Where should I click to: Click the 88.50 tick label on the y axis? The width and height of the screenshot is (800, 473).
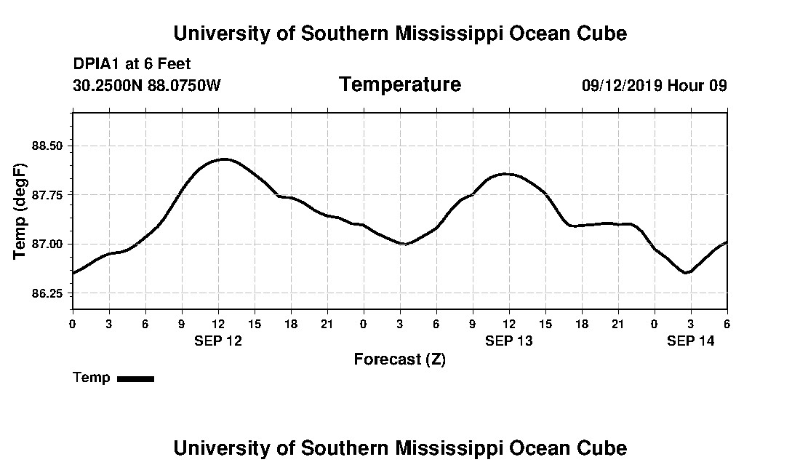pyautogui.click(x=48, y=146)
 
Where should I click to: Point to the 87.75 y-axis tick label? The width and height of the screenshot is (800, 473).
pyautogui.click(x=48, y=195)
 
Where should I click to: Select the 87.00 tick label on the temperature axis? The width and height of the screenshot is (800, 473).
pyautogui.click(x=48, y=244)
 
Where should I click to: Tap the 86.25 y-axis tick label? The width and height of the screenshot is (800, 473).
pyautogui.click(x=48, y=293)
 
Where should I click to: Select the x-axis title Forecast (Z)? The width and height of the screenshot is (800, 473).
pyautogui.click(x=399, y=359)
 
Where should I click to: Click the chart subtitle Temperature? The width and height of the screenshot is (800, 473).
pyautogui.click(x=399, y=84)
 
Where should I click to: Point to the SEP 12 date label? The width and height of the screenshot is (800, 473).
pyautogui.click(x=218, y=341)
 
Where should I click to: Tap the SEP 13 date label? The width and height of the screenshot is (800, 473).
pyautogui.click(x=509, y=341)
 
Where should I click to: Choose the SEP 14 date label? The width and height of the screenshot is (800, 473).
pyautogui.click(x=691, y=341)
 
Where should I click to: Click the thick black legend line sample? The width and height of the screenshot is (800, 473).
pyautogui.click(x=135, y=378)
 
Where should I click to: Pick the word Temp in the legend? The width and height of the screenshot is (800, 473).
pyautogui.click(x=92, y=378)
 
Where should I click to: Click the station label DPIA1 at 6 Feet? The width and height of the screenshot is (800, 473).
pyautogui.click(x=132, y=64)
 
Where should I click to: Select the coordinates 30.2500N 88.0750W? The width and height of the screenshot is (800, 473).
pyautogui.click(x=147, y=85)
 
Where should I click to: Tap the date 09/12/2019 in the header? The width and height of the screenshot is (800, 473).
pyautogui.click(x=621, y=85)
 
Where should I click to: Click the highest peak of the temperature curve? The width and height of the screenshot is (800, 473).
pyautogui.click(x=224, y=159)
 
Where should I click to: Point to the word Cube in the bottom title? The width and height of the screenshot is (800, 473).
pyautogui.click(x=603, y=448)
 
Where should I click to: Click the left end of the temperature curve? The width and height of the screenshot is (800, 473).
pyautogui.click(x=73, y=273)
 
